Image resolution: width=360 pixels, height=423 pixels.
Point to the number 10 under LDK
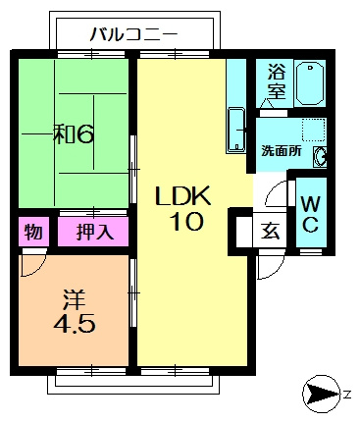coord(183,222)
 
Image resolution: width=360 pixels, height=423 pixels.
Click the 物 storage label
coord(32,233)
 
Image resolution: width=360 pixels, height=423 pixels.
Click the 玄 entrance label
coord(271,233)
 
